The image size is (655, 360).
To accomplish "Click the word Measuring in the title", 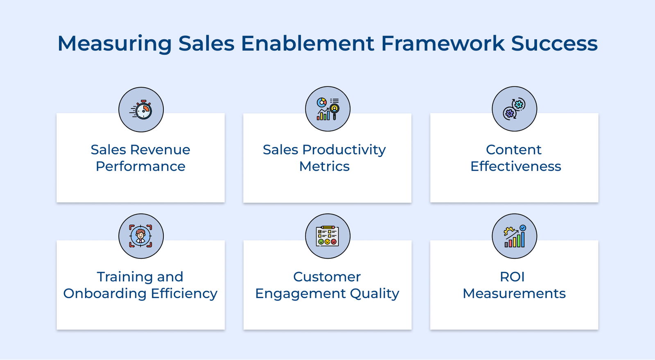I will [x=114, y=44].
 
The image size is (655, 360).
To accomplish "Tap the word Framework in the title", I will [x=443, y=44].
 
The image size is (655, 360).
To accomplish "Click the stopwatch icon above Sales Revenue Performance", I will [x=141, y=110].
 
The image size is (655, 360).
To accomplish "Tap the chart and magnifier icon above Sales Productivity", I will [x=327, y=109].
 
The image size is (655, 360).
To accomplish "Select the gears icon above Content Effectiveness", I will [x=514, y=109].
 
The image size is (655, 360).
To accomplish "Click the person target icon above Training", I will [x=141, y=236].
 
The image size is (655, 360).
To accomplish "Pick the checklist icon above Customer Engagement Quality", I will [x=327, y=236].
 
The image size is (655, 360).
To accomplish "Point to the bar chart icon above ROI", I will [x=515, y=236].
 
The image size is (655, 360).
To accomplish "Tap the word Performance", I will [x=140, y=167].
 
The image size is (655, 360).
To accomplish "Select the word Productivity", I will [x=344, y=150].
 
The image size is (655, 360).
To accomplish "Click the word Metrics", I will [x=324, y=167].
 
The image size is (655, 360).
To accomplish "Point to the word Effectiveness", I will [x=515, y=167].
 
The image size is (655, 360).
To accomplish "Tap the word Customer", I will [x=327, y=277].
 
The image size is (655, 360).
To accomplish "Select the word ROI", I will [x=512, y=277].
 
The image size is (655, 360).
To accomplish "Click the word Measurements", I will [x=514, y=294].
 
